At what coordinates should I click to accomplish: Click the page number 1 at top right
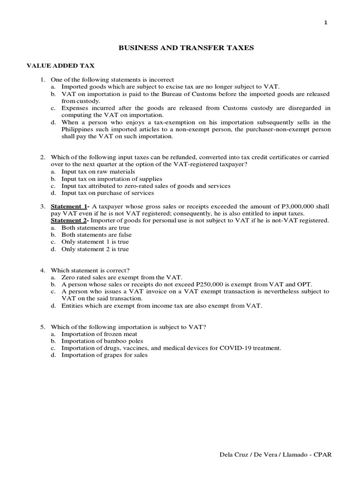click(326, 24)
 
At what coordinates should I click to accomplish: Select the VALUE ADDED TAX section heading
click(60, 66)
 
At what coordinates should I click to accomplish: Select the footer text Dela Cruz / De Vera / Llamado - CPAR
click(276, 455)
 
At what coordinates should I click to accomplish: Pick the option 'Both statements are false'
click(97, 235)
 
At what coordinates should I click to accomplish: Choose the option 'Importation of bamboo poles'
click(102, 341)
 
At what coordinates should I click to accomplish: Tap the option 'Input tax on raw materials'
click(98, 172)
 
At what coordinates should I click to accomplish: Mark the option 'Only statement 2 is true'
click(95, 249)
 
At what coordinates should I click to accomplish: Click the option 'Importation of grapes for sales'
click(105, 355)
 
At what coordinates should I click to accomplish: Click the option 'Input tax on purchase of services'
click(107, 193)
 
